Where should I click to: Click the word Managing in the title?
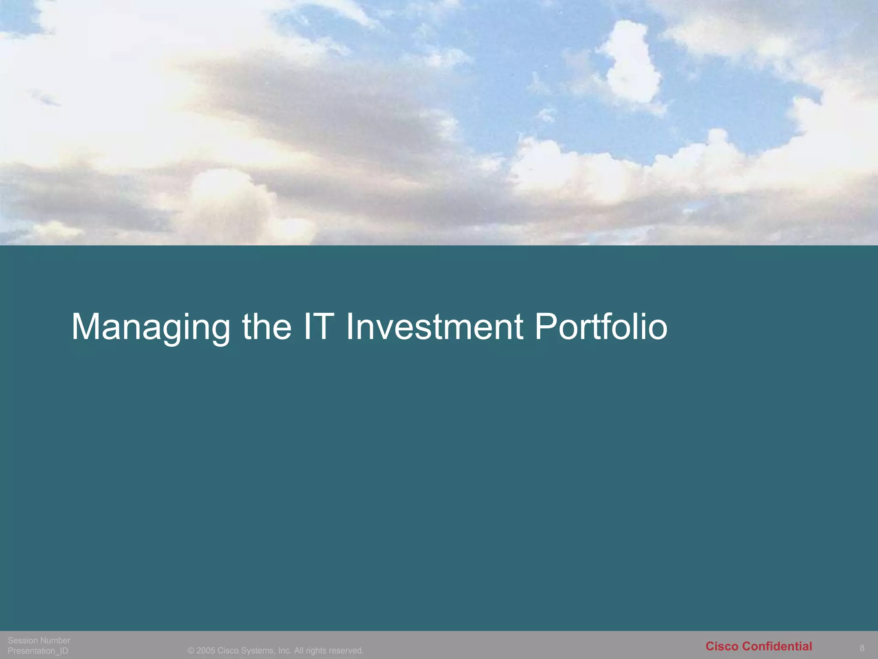coord(150,327)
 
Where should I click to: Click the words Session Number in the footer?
coord(39,641)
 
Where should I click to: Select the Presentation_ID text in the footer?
coord(38,651)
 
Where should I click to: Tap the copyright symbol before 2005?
coord(191,651)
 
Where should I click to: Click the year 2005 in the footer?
coord(206,651)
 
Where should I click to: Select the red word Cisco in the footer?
coord(722,646)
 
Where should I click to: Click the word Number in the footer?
coord(55,641)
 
